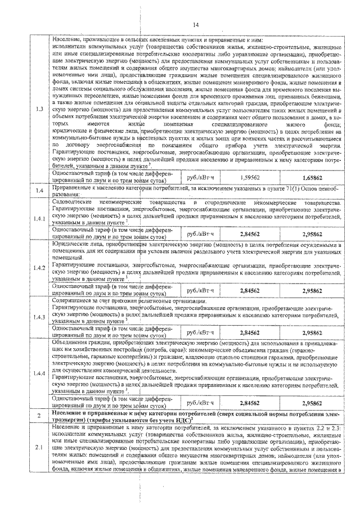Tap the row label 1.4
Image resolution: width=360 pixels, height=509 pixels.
[x=37, y=192]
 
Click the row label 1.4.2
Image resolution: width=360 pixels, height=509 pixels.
[x=38, y=267]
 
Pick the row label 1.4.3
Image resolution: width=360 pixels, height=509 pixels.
[x=38, y=318]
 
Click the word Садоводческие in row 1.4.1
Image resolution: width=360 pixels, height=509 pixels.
[x=70, y=202]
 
